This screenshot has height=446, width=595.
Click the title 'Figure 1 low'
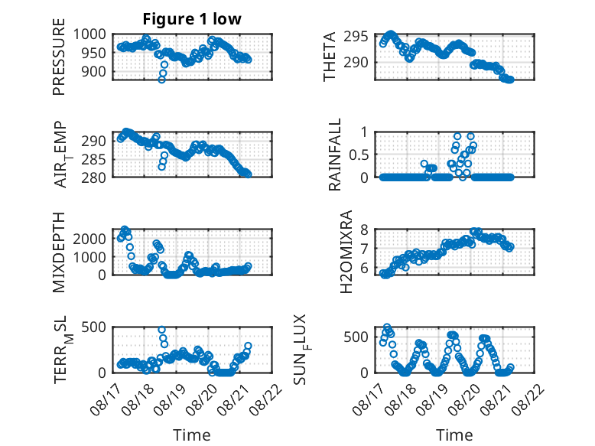pyautogui.click(x=192, y=19)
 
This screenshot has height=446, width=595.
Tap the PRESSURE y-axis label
pyautogui.click(x=59, y=57)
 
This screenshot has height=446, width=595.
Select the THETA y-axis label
pyautogui.click(x=330, y=57)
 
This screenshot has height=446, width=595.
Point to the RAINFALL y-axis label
pyautogui.click(x=335, y=155)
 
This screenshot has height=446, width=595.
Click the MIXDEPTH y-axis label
pyautogui.click(x=59, y=252)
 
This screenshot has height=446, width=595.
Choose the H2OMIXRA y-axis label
pyautogui.click(x=346, y=252)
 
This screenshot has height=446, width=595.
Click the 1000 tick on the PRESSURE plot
pyautogui.click(x=89, y=34)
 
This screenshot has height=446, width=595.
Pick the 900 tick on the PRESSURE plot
pyautogui.click(x=94, y=71)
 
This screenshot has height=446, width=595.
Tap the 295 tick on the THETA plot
pyautogui.click(x=356, y=37)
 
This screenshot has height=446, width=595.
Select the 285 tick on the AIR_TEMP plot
pyautogui.click(x=94, y=159)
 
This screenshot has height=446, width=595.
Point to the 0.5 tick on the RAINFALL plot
pyautogui.click(x=359, y=155)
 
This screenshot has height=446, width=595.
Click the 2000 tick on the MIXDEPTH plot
pyautogui.click(x=89, y=239)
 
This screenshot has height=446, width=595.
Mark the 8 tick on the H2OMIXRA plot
pyautogui.click(x=365, y=230)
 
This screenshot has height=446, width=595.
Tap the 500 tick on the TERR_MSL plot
pyautogui.click(x=94, y=327)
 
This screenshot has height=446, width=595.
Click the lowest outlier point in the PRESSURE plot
pyautogui.click(x=161, y=80)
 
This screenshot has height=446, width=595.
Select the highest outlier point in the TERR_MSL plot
pyautogui.click(x=161, y=330)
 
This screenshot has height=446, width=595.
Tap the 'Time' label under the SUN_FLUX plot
pyautogui.click(x=454, y=435)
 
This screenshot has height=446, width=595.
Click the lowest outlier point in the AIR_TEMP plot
pyautogui.click(x=161, y=167)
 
